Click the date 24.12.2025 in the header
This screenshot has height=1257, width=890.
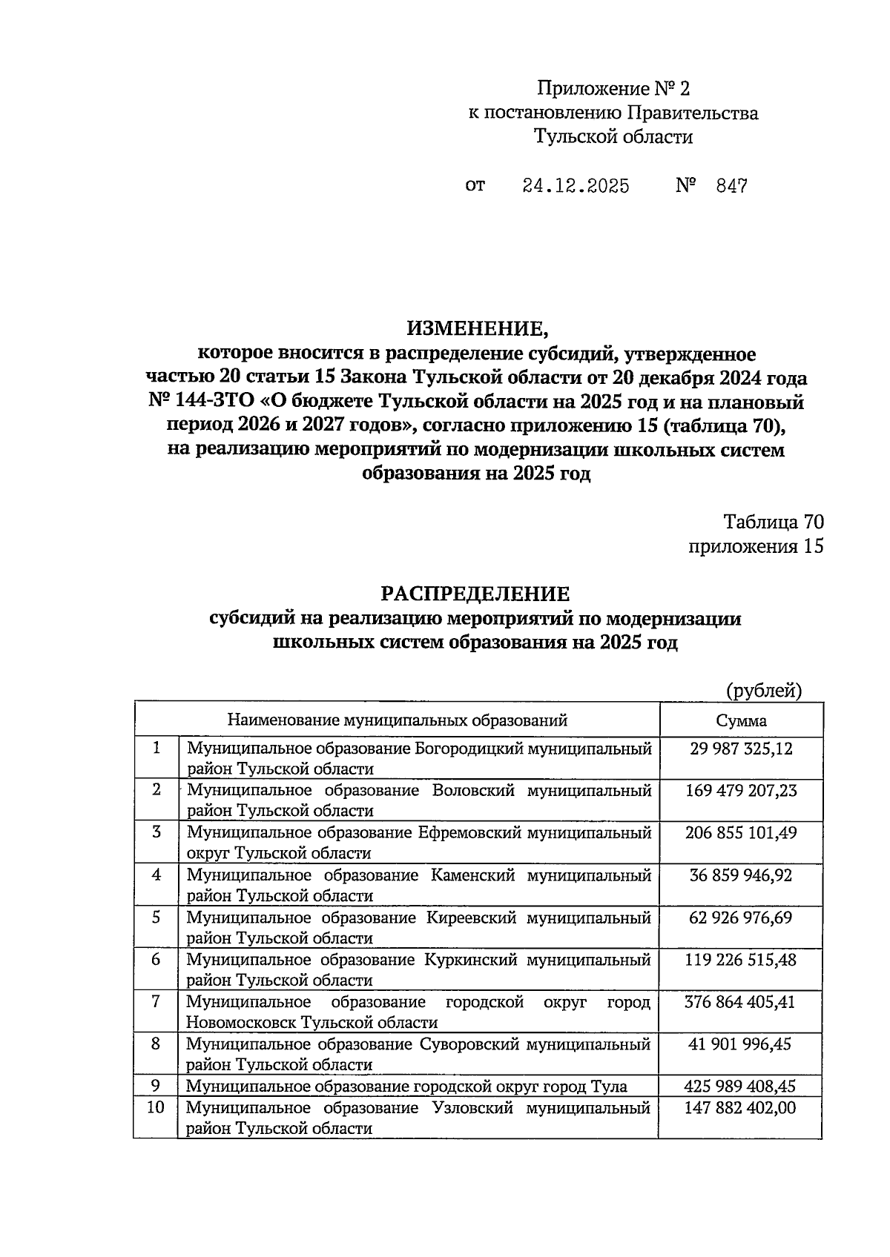click(576, 186)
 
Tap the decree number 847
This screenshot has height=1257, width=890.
click(731, 186)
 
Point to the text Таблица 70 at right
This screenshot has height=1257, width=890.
click(774, 522)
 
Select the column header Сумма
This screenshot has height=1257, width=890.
click(741, 720)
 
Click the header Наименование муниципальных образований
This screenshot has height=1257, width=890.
click(397, 720)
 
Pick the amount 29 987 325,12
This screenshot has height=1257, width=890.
click(741, 749)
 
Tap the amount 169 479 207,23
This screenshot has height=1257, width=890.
click(741, 791)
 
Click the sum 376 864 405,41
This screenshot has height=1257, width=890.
click(741, 1002)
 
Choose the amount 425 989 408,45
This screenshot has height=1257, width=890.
click(741, 1087)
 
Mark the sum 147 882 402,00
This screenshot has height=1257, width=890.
click(741, 1108)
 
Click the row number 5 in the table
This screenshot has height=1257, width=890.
click(156, 918)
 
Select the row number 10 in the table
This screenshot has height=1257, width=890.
click(156, 1108)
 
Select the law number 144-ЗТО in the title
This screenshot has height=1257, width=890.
click(215, 402)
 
